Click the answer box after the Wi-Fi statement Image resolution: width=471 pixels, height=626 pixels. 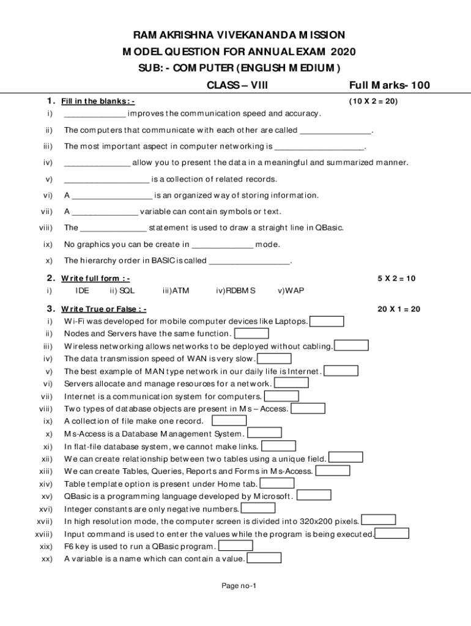(x=327, y=321)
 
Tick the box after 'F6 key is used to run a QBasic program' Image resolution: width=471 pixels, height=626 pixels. (x=236, y=545)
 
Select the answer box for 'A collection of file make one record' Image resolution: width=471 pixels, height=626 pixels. (x=229, y=421)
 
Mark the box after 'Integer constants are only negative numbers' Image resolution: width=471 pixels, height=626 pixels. (x=258, y=508)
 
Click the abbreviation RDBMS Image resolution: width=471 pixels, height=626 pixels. (x=236, y=291)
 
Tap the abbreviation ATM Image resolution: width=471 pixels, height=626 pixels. (x=180, y=291)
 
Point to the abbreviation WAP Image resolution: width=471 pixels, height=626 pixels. (x=291, y=291)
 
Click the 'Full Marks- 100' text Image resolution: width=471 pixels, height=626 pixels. (x=390, y=85)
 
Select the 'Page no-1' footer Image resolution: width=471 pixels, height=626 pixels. (x=239, y=586)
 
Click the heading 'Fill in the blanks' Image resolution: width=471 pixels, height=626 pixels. (x=98, y=101)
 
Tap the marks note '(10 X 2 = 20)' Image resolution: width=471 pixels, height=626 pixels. (x=373, y=101)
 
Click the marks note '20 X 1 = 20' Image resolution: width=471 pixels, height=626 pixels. (x=399, y=309)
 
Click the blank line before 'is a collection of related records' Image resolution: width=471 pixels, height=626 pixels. (x=106, y=180)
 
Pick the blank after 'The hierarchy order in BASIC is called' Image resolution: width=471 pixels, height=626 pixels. (x=250, y=262)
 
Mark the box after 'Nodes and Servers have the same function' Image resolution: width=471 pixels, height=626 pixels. (x=252, y=333)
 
